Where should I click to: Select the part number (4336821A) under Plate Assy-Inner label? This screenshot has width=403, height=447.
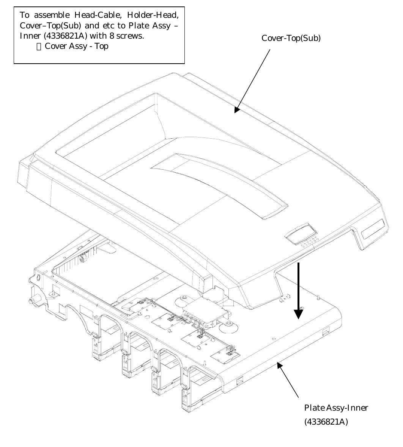[x=326, y=422]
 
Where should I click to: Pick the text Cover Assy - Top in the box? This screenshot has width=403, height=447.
[x=76, y=46]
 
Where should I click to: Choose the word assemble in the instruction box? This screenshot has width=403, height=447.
[x=50, y=15]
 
